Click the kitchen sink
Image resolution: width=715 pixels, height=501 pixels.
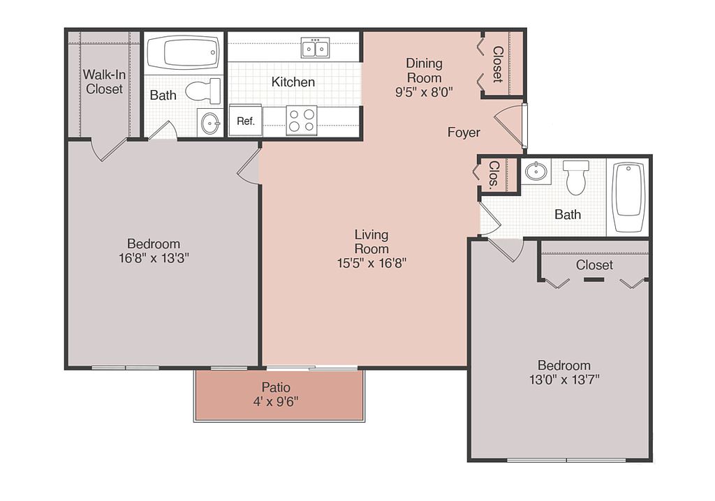tap(315, 48)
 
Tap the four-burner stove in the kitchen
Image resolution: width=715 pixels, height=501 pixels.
tap(302, 120)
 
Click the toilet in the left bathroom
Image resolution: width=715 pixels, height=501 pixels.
tap(203, 91)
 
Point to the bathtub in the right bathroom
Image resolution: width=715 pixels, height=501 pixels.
tap(628, 197)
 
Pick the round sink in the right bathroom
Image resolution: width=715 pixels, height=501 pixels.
tap(536, 172)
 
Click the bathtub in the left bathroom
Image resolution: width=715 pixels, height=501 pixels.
tap(184, 52)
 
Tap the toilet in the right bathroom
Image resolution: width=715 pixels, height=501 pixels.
tap(575, 177)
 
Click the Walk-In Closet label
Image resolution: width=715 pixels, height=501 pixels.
tap(104, 82)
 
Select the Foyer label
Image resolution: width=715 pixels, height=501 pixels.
tap(464, 132)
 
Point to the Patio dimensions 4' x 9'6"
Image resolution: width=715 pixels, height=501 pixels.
tap(276, 402)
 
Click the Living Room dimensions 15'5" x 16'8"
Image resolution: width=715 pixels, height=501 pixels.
tap(371, 263)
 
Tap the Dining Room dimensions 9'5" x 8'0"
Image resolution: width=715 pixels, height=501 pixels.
tap(424, 92)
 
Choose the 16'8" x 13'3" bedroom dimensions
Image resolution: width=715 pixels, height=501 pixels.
tap(154, 258)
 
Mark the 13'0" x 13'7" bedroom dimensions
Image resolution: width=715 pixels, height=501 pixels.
tap(564, 380)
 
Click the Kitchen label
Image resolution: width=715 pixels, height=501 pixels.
tap(293, 82)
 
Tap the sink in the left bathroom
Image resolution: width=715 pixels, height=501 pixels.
tap(210, 122)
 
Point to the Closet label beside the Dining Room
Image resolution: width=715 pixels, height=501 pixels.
tap(497, 64)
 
